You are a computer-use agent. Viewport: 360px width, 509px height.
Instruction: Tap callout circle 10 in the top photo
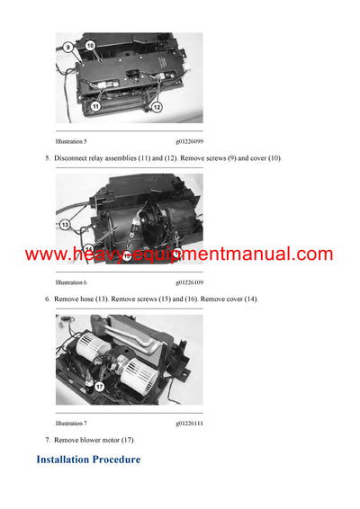[x=90, y=45]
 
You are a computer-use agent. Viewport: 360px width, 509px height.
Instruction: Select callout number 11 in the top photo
[x=94, y=106]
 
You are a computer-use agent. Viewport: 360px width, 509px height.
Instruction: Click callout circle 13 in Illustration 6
[x=65, y=224]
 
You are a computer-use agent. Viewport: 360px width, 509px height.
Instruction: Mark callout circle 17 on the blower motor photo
[x=99, y=387]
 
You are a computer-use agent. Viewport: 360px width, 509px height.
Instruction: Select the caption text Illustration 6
[x=71, y=281]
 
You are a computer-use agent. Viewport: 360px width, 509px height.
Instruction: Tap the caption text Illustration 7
[x=71, y=422]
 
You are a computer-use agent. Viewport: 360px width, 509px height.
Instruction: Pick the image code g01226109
[x=189, y=281]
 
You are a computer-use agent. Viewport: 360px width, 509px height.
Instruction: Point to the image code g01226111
[x=189, y=422]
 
